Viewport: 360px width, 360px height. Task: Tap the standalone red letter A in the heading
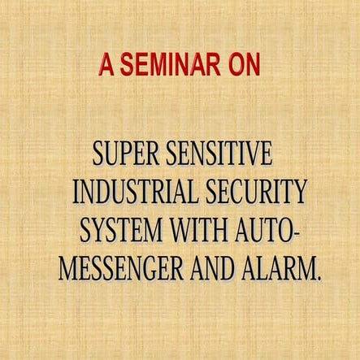tap(106, 66)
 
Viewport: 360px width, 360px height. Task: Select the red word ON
tap(243, 66)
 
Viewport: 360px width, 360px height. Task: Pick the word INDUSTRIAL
tap(134, 193)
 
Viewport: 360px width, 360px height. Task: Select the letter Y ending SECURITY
tap(300, 193)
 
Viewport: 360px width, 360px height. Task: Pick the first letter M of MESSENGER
tap(69, 269)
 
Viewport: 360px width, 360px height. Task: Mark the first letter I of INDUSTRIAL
tap(76, 193)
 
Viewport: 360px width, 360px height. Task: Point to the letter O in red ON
tap(235, 66)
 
